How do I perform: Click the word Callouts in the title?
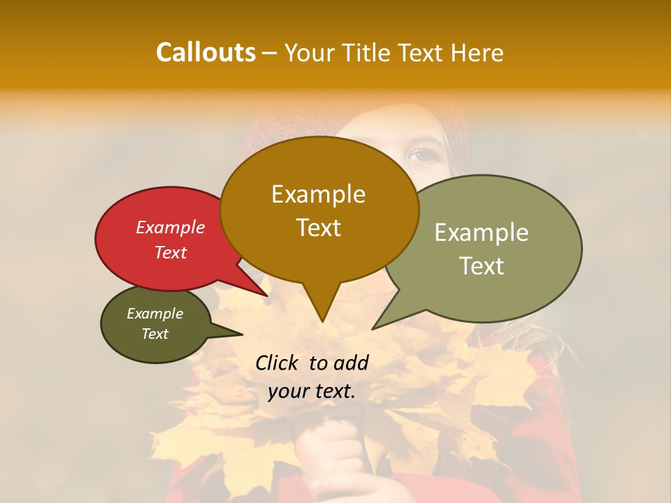pos(205,52)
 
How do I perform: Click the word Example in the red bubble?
pos(171,227)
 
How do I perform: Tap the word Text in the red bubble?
pos(171,252)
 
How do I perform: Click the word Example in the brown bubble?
pos(318,194)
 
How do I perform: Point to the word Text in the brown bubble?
pos(318,227)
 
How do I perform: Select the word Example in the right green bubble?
pos(482,233)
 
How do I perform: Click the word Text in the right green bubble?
pos(482,265)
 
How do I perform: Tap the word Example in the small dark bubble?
pos(154,314)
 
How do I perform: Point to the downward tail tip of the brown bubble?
pos(322,321)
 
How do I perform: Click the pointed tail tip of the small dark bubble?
pos(242,334)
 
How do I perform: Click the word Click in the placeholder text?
pos(277,363)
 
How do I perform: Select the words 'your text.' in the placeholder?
pos(312,391)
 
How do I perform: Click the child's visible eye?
pos(423,154)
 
